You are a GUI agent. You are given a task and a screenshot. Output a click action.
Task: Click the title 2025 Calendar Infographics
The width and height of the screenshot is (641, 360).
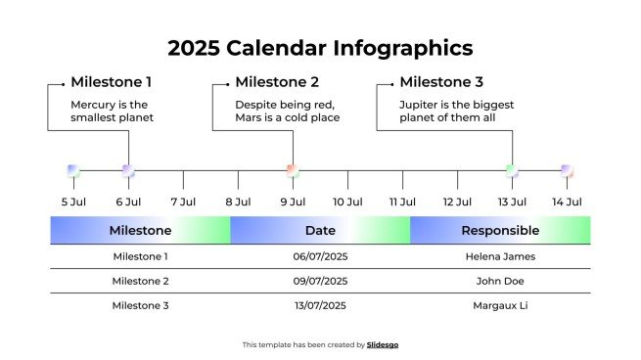point(320,48)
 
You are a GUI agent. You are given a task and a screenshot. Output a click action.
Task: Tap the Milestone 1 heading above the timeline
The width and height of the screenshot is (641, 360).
point(111,82)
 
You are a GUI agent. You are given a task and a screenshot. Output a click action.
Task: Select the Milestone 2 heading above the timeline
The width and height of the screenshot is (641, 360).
point(277,82)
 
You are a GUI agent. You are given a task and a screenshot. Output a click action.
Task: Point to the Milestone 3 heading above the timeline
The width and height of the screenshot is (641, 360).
point(441,82)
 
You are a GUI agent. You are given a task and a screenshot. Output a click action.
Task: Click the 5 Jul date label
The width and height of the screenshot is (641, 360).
point(73,202)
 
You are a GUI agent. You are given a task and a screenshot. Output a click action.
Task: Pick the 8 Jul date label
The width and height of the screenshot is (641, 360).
point(238,202)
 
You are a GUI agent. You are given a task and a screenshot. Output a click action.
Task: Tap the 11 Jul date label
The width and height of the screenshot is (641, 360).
point(402,202)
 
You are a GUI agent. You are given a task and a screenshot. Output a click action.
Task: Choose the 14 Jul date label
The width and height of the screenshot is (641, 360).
point(567,202)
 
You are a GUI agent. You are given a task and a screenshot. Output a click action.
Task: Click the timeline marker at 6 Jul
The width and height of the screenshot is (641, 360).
point(128,170)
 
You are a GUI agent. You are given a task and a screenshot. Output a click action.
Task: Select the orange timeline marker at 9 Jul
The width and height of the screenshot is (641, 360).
point(292,170)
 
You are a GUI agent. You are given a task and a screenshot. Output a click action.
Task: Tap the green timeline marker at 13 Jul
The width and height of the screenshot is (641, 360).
point(511,170)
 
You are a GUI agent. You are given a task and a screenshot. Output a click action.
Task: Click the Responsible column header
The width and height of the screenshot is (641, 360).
point(500,231)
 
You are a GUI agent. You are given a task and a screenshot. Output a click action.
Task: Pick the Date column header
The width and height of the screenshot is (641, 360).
point(320,231)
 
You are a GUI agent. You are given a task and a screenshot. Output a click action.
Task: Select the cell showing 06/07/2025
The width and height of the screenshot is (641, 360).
point(320,256)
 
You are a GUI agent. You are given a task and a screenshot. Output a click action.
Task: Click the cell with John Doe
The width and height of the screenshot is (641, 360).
point(500,281)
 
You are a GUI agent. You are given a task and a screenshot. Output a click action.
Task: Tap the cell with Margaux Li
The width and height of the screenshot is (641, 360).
point(500,305)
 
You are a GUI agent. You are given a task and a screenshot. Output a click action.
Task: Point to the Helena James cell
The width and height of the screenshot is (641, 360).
point(500,256)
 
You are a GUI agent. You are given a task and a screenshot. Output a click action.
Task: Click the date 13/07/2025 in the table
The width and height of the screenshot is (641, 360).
point(320,305)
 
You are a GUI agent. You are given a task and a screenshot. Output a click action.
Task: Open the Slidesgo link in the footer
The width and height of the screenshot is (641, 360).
point(383,344)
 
